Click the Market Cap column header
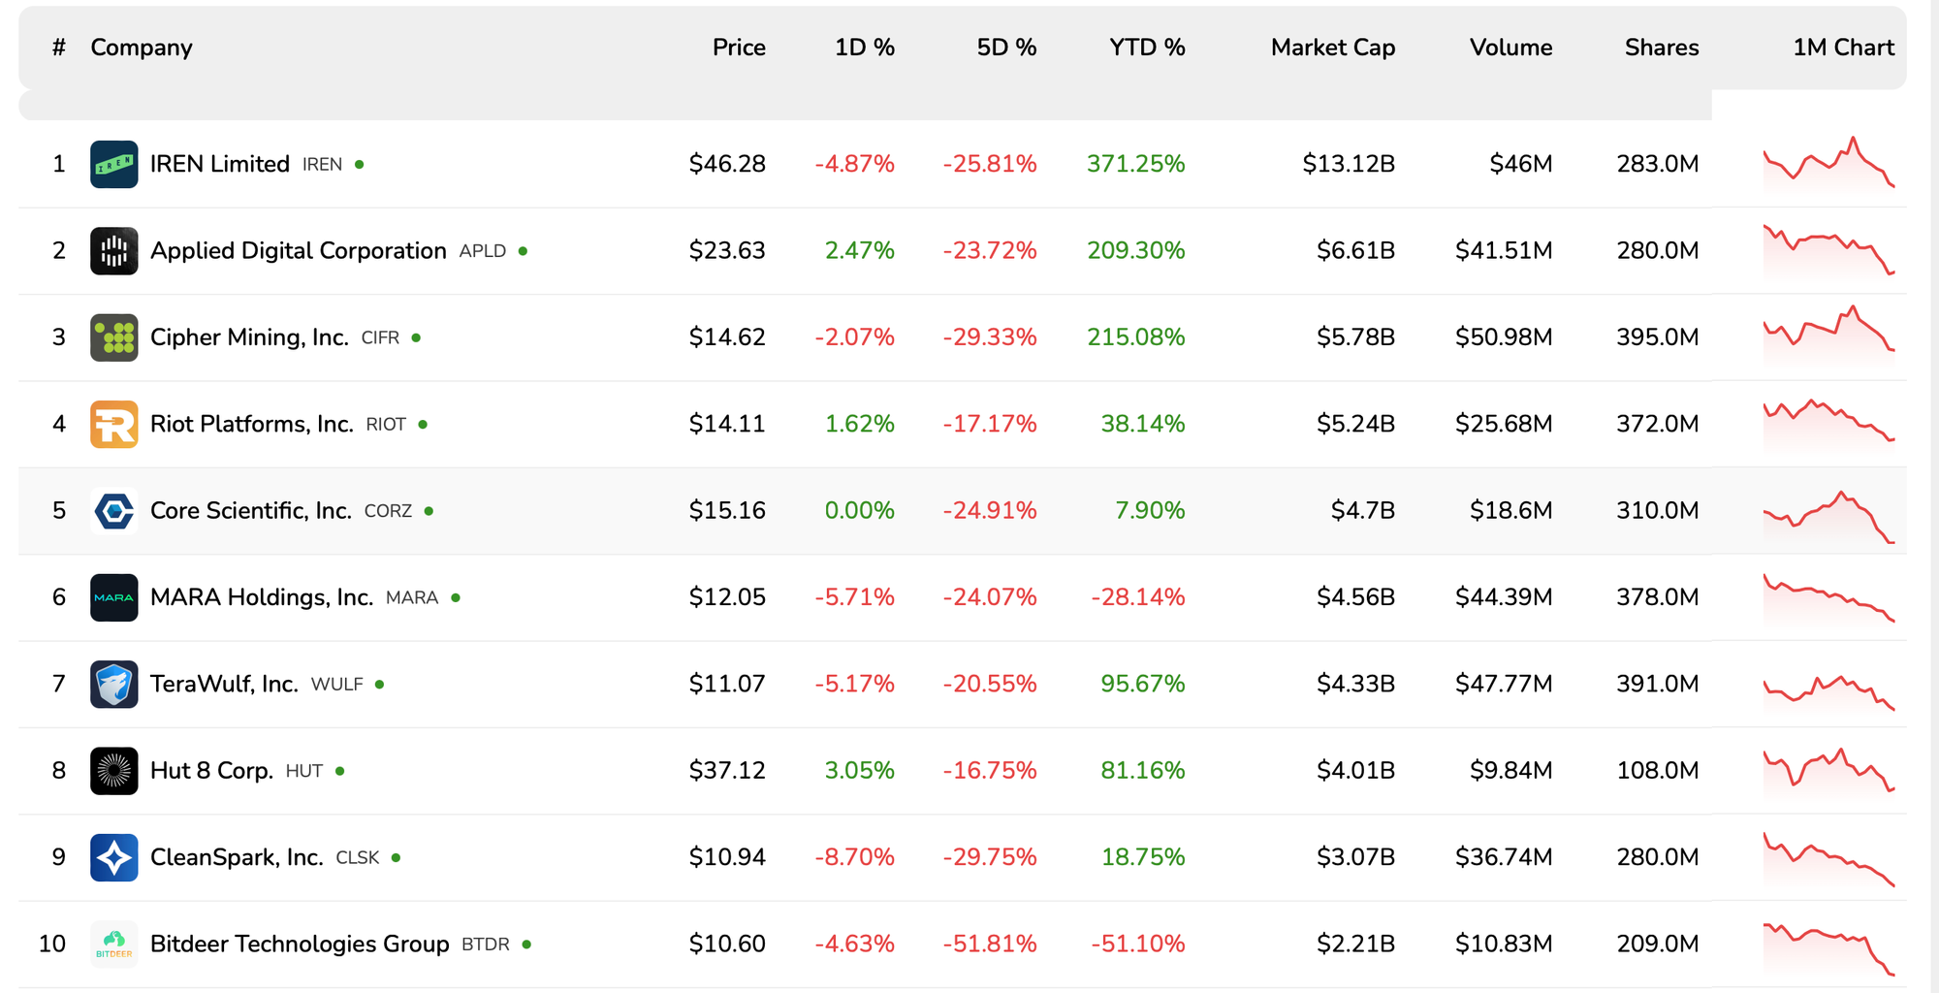1332,48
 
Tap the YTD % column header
1147,48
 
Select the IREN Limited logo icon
114,164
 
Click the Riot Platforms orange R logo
114,424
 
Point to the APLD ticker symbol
482,251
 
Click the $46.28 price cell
727,164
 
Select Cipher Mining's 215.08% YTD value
1135,337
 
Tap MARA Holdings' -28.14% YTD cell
1137,597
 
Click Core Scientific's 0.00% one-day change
859,511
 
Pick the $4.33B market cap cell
1354,685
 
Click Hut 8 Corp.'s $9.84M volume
1510,771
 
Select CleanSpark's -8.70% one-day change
854,857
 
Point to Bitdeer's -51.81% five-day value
989,944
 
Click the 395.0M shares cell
1657,337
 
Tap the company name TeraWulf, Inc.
224,685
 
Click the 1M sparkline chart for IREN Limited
1828,163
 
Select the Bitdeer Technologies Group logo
114,944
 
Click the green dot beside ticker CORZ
429,511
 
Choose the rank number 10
52,944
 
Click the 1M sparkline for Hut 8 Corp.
1828,770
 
